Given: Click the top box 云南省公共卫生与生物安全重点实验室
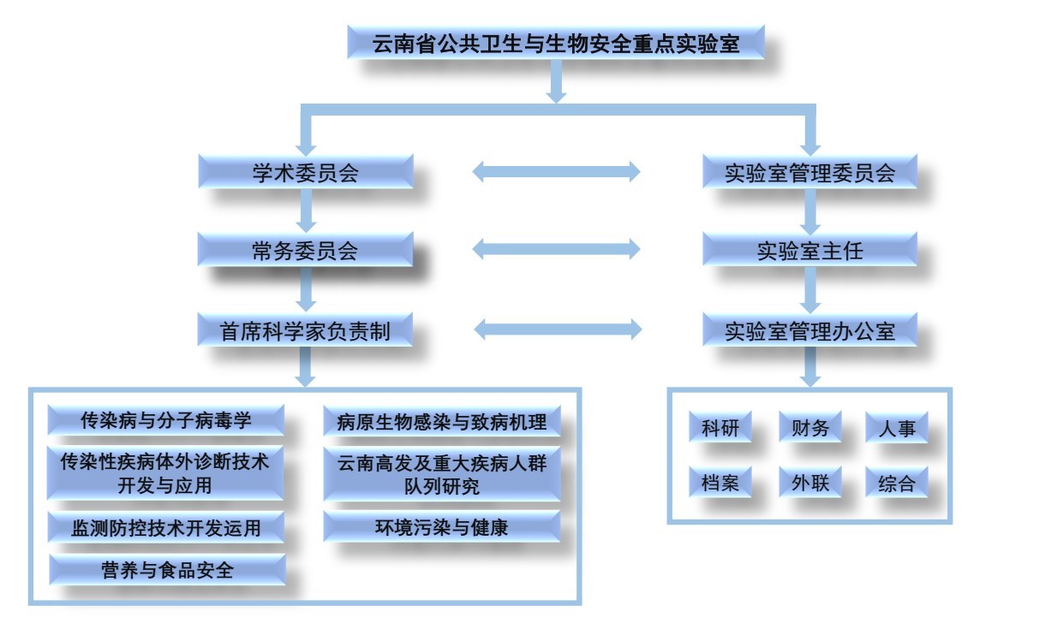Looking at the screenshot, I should (556, 42).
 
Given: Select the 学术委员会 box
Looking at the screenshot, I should (306, 172).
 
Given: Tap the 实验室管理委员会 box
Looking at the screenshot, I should (809, 172).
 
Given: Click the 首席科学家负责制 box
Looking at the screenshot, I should (306, 329).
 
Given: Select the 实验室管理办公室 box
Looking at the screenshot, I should (809, 329).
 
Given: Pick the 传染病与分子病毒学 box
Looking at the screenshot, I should (166, 420).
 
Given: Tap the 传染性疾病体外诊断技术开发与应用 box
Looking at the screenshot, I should (166, 473).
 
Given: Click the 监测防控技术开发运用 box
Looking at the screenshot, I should (166, 527).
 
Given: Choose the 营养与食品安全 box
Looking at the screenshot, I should (166, 569).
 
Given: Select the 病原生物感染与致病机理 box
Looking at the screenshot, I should (442, 421).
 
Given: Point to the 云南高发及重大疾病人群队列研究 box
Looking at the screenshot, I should (442, 473).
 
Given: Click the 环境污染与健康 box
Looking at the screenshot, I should (442, 527).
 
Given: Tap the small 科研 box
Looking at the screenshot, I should (720, 428).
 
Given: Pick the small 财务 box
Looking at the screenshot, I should (809, 428).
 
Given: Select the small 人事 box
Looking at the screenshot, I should (896, 428).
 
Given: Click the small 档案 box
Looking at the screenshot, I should (720, 483).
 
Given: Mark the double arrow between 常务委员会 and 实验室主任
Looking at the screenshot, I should (556, 249).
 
